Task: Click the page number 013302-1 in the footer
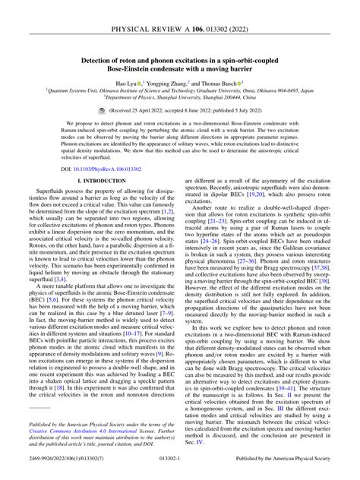coord(180,471)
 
